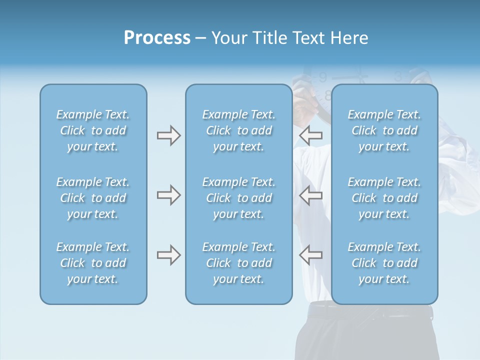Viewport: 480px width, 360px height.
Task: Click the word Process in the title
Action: tap(157, 38)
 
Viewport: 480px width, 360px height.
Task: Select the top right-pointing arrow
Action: tap(168, 135)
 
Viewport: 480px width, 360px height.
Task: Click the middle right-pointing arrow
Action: tap(168, 195)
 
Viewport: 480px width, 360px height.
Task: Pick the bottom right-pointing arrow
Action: tap(168, 255)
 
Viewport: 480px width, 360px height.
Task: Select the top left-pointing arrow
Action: tap(310, 135)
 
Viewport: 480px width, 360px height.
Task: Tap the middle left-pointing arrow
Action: tap(310, 195)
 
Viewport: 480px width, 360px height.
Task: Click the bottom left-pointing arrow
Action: tap(310, 255)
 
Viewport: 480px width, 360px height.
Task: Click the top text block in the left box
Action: tap(93, 130)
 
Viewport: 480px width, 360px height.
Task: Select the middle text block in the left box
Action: tap(93, 198)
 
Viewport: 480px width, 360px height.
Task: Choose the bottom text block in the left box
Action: tap(93, 263)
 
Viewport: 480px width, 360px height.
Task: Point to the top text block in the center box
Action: tap(238, 130)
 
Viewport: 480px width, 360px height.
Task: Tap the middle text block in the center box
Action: tap(238, 198)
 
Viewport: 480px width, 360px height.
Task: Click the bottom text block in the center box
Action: tap(238, 263)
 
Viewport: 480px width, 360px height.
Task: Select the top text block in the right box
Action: tap(384, 130)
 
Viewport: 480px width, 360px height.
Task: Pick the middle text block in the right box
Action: tap(384, 198)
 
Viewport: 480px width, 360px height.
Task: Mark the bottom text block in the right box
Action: tap(384, 263)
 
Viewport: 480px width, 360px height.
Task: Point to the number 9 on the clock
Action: tap(323, 77)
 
